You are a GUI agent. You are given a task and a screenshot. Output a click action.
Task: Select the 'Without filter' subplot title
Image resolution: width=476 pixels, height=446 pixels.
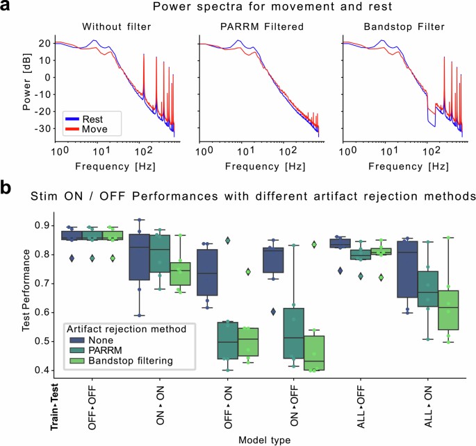(116, 27)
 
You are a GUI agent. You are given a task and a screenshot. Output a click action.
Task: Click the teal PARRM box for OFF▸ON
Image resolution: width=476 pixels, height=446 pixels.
(224, 340)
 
